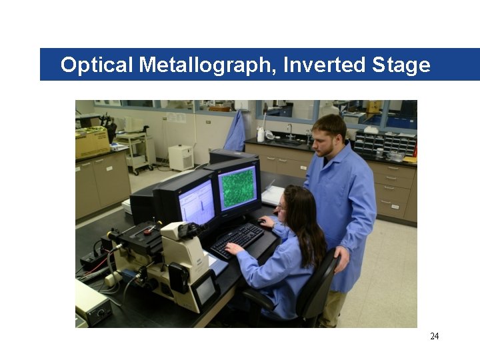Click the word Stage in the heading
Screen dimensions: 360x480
401,65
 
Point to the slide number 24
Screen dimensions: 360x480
435,336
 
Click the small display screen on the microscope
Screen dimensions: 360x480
205,291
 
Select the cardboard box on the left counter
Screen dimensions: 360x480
92,141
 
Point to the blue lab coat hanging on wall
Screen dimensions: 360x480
235,132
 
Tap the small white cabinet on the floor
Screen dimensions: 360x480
181,157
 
